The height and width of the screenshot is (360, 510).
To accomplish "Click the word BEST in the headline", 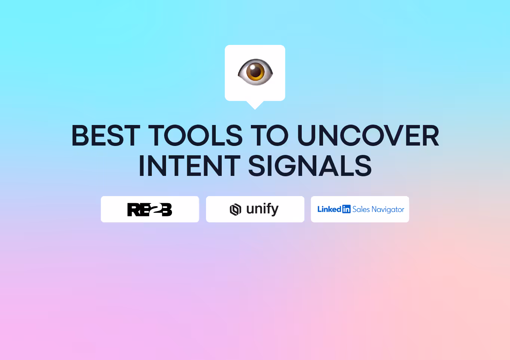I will click(106, 136).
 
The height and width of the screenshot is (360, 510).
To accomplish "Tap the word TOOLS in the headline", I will click(196, 136).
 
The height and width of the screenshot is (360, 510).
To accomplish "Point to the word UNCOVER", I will click(368, 136).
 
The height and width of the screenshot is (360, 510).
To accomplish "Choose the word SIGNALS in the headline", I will click(310, 166).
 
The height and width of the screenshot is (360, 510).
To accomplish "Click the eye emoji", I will click(255, 72).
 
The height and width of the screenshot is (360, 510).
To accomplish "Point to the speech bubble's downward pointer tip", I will click(255, 109).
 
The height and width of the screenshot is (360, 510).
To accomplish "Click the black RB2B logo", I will click(150, 210).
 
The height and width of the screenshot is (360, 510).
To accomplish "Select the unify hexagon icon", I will click(235, 210).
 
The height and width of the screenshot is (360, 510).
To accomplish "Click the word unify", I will click(262, 209).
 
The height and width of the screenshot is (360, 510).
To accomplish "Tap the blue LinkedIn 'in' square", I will click(347, 209).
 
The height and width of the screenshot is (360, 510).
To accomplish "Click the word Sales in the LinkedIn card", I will click(361, 209).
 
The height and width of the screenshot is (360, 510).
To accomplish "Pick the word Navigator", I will click(388, 210).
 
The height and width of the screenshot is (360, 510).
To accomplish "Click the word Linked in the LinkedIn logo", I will click(329, 209).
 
